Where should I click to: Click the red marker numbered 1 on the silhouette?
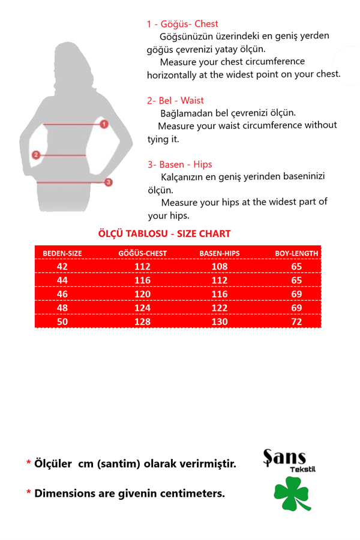104,124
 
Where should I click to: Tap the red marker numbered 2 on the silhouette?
36,155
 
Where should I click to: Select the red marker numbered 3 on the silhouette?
109,182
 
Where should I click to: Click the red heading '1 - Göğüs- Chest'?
182,24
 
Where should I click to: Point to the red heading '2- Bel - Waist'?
175,100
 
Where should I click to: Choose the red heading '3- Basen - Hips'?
179,164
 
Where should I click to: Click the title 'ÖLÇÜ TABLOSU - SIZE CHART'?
164,234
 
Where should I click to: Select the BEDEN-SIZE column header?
62,253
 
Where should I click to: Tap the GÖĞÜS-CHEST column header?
143,253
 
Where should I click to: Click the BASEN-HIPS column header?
220,253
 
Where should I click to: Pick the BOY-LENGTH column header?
296,253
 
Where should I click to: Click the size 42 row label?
62,266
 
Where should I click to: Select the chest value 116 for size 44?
143,280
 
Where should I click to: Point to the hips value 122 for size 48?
220,308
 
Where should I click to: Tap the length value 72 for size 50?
296,322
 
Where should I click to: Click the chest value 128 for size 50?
143,322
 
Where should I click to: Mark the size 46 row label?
62,294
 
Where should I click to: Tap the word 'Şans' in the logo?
284,458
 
